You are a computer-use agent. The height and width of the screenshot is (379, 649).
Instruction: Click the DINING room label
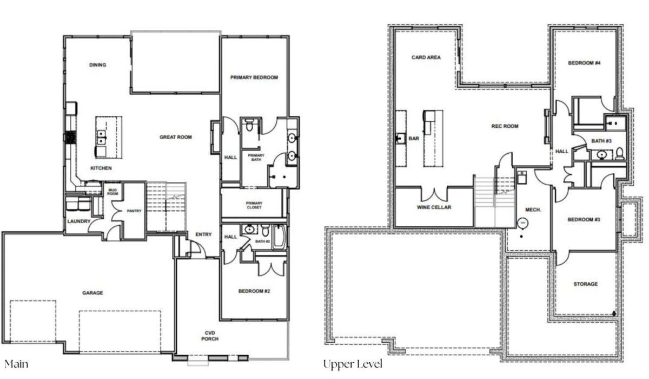click(x=98, y=64)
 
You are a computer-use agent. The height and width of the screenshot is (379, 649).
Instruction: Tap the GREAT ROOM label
click(x=176, y=137)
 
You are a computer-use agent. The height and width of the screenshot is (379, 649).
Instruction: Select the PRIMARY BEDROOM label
click(x=254, y=77)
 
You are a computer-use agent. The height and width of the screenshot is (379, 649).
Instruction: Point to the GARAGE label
click(x=92, y=293)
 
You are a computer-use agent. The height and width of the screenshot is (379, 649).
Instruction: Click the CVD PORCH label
click(x=210, y=336)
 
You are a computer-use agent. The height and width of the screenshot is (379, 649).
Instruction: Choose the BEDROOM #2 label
click(x=254, y=291)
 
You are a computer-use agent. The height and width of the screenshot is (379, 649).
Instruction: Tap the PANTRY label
click(x=134, y=211)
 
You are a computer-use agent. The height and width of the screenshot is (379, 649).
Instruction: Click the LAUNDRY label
click(x=79, y=221)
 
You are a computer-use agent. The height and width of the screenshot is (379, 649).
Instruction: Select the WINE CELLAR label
click(x=434, y=207)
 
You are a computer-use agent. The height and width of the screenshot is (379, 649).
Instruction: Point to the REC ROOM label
click(x=505, y=126)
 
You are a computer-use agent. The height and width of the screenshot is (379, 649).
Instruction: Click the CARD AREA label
click(x=426, y=57)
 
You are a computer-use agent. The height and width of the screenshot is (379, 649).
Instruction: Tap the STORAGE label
click(x=586, y=284)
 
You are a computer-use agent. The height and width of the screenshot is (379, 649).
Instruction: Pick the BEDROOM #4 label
click(x=584, y=63)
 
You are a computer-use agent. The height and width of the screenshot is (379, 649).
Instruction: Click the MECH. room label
click(x=533, y=210)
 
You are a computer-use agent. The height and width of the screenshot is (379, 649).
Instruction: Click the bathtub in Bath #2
click(x=279, y=237)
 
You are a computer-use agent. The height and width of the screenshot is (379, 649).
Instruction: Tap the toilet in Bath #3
click(x=619, y=154)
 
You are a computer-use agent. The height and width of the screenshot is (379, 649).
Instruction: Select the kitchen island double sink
click(x=101, y=137)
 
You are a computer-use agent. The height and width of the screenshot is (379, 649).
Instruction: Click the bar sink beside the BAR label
click(x=401, y=139)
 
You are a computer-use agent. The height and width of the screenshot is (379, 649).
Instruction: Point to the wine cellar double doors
click(x=434, y=194)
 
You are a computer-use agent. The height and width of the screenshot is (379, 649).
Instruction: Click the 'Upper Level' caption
click(x=353, y=364)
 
